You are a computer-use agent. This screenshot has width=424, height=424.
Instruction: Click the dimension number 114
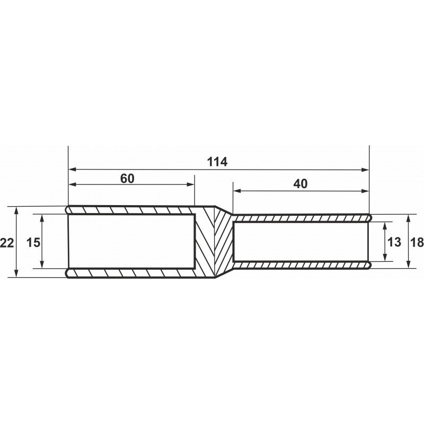(x=217, y=162)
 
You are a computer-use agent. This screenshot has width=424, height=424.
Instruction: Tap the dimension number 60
(x=127, y=179)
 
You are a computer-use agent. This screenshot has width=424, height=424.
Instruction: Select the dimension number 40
(x=301, y=184)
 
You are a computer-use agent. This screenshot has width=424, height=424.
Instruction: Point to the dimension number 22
(x=7, y=243)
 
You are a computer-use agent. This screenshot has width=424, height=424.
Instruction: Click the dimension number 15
(x=33, y=243)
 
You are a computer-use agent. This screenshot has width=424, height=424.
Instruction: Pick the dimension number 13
(x=394, y=242)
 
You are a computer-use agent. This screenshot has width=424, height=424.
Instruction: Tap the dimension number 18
(x=417, y=242)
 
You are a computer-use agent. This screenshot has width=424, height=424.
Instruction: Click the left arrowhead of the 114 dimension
(x=72, y=169)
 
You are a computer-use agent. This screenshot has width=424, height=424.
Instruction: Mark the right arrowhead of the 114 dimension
(x=365, y=170)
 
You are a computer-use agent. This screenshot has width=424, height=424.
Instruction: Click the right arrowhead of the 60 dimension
(x=191, y=184)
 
